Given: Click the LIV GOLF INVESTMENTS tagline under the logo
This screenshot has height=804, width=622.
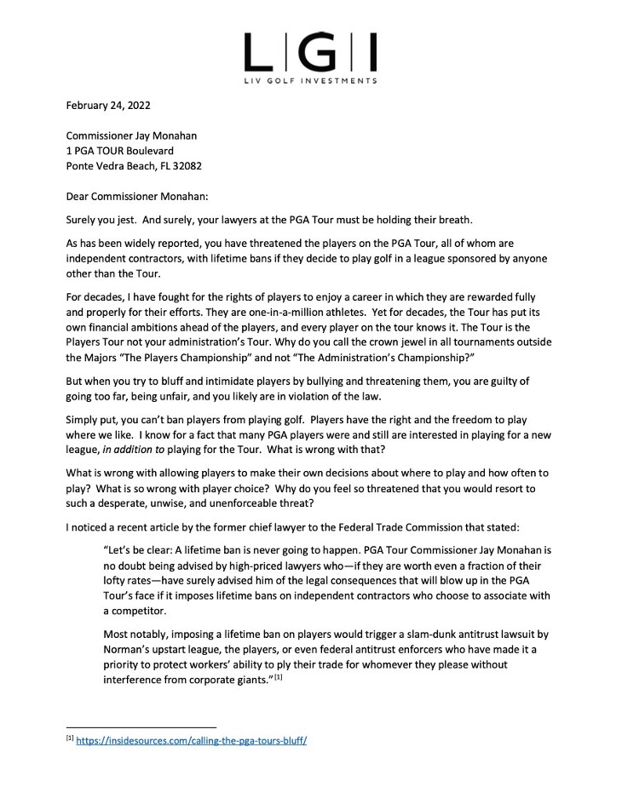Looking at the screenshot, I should click(x=310, y=81).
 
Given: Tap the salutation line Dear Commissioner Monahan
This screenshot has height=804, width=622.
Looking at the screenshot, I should click(x=139, y=193).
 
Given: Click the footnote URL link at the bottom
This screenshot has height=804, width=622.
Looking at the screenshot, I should click(x=191, y=741).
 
